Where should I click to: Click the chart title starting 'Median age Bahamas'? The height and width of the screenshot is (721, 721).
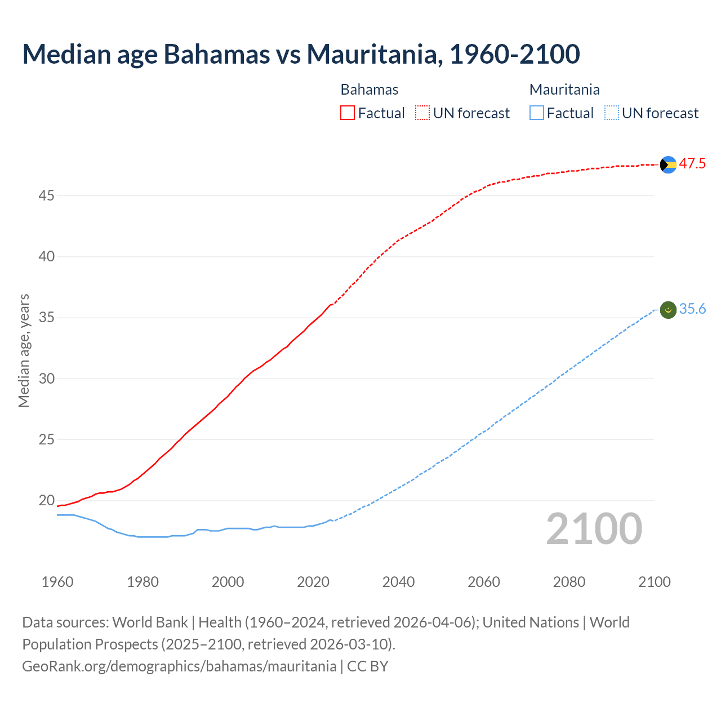coord(301,55)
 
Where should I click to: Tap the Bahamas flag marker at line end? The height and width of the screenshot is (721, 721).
coord(668,164)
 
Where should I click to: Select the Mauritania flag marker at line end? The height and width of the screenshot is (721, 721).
coord(668,310)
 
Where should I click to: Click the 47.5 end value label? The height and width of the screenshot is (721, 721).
coord(692,164)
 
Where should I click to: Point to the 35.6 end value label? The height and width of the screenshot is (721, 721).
coord(692,309)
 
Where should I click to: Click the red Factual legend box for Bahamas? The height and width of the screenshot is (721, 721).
coord(348,113)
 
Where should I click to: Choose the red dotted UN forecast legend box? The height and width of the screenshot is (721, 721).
coord(422,113)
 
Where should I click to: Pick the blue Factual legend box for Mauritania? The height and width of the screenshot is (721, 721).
coord(536,113)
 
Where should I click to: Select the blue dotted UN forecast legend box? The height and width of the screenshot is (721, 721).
coord(611,113)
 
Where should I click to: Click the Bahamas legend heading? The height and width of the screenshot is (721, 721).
coord(370,90)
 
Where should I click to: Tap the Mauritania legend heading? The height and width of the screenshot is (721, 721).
coord(564,90)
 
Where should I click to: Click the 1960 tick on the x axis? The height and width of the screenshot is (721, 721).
coord(57,582)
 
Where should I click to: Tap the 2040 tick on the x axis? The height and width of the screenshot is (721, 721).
coord(398,582)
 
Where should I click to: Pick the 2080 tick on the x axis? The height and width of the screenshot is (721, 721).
coord(569,582)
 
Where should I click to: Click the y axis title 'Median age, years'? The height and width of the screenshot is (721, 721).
coord(24,350)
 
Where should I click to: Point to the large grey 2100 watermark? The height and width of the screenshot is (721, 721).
coord(594,529)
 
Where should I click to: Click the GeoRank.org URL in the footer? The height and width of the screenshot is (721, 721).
coord(179,666)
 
